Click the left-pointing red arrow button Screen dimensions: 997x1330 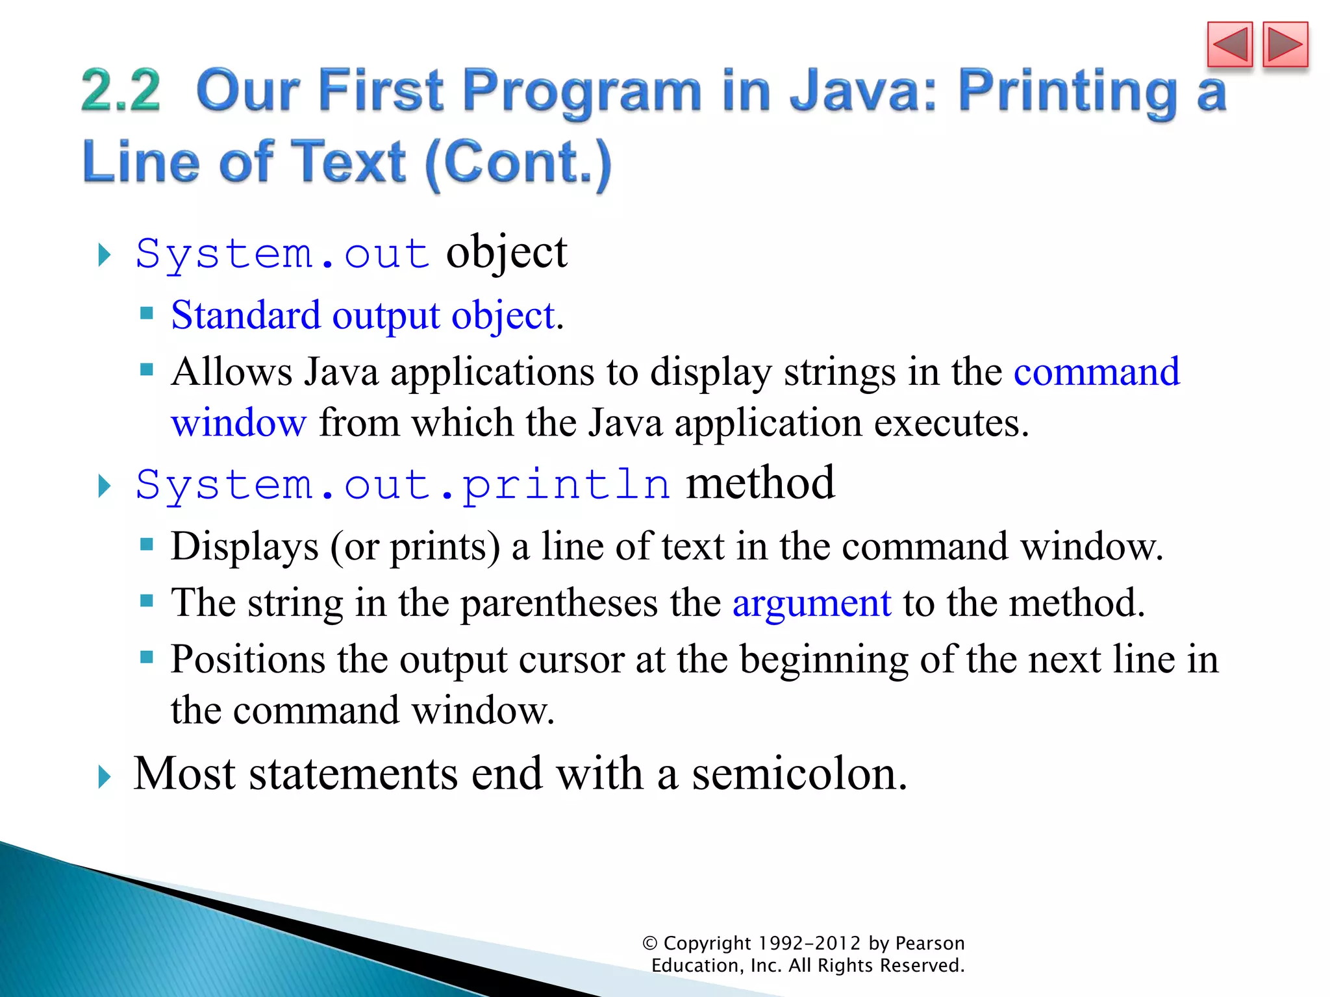tap(1229, 45)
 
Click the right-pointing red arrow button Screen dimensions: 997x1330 tap(1285, 45)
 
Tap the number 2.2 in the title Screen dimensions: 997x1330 tap(121, 91)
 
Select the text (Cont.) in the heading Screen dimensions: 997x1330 tap(518, 162)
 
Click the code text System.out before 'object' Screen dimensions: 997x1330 tap(282, 253)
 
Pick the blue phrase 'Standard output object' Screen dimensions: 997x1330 tap(362, 316)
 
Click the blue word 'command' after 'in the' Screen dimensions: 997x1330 tap(1096, 372)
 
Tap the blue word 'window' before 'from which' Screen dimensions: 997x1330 tap(238, 423)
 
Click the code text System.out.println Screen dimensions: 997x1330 tap(403, 485)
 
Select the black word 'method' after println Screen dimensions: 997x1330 tap(760, 484)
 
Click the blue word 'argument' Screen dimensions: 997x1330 tap(811, 603)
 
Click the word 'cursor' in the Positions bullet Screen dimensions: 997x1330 tap(571, 660)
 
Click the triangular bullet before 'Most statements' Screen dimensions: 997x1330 tap(104, 776)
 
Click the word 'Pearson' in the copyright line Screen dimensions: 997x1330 tap(929, 943)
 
